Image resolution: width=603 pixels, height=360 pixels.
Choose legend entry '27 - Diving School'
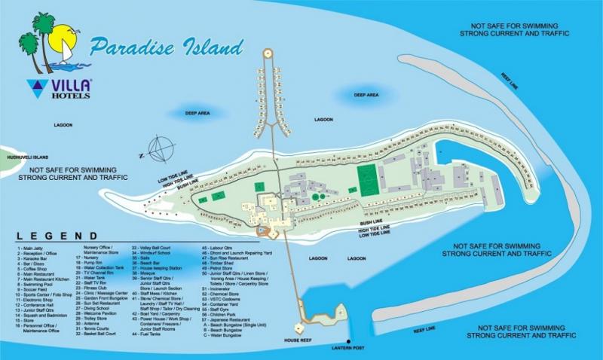click(x=93, y=308)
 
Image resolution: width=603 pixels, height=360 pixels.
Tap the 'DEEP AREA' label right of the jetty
click(x=366, y=95)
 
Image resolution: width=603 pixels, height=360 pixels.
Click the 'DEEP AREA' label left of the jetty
click(x=197, y=114)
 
